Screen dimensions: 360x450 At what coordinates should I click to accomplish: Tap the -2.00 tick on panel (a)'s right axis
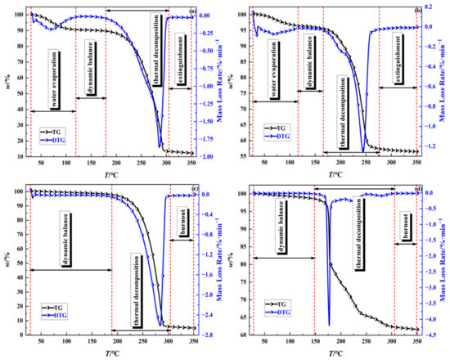tap(208, 156)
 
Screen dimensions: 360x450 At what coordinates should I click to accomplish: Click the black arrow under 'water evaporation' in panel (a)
tap(52, 111)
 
